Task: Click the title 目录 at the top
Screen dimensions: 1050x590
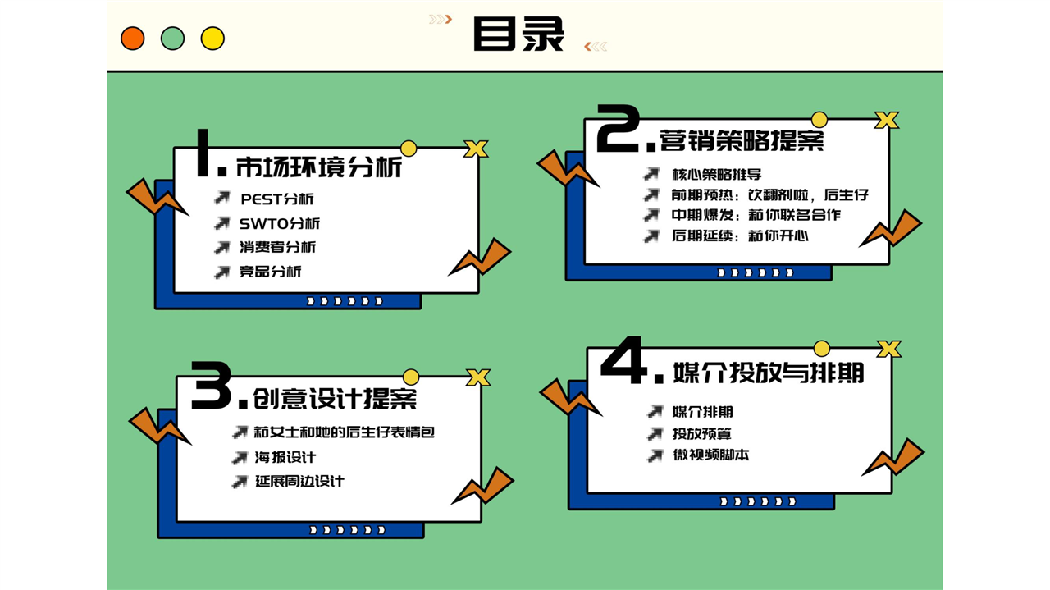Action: click(x=518, y=34)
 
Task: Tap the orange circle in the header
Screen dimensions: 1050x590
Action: click(x=133, y=39)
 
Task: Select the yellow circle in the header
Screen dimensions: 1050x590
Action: click(x=212, y=39)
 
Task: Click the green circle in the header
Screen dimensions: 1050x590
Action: click(x=172, y=39)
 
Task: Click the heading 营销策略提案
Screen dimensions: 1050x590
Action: click(x=742, y=139)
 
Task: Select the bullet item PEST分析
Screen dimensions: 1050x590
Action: click(x=277, y=199)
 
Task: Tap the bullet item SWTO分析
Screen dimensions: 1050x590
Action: click(x=280, y=223)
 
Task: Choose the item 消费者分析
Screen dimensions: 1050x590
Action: click(x=277, y=247)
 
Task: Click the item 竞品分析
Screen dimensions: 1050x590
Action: click(x=270, y=271)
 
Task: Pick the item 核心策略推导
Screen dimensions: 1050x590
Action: click(x=717, y=175)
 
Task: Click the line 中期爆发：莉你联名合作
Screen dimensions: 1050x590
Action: click(x=756, y=215)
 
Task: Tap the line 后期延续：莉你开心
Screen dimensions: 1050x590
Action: click(x=740, y=235)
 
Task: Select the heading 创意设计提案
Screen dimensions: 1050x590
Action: click(x=335, y=399)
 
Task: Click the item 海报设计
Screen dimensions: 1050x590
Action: click(x=285, y=457)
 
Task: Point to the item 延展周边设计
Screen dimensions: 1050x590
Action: click(x=300, y=481)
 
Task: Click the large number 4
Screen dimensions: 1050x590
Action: click(x=624, y=360)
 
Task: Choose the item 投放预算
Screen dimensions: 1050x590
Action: click(x=701, y=434)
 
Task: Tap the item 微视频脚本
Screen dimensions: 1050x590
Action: click(x=710, y=455)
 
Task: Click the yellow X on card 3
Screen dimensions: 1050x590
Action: click(x=478, y=377)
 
